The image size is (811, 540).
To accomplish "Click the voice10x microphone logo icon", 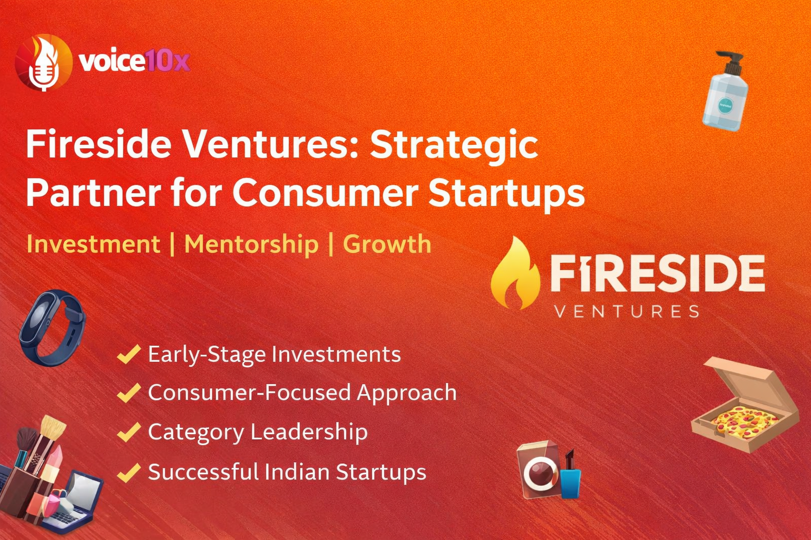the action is pyautogui.click(x=44, y=62).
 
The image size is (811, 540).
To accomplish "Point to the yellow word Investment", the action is pyautogui.click(x=93, y=244).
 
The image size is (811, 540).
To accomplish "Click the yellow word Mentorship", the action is pyautogui.click(x=251, y=245).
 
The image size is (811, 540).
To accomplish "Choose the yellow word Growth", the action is pyautogui.click(x=387, y=244).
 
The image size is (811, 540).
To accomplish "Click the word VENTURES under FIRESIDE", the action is pyautogui.click(x=627, y=312).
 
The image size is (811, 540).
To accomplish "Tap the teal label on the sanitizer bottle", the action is pyautogui.click(x=725, y=106).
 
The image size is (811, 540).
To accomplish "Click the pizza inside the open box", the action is pyautogui.click(x=744, y=422).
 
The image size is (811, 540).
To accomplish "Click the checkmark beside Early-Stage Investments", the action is pyautogui.click(x=129, y=354).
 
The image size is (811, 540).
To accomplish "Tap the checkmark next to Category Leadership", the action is pyautogui.click(x=129, y=432).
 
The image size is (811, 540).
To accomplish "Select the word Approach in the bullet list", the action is pyautogui.click(x=407, y=393).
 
